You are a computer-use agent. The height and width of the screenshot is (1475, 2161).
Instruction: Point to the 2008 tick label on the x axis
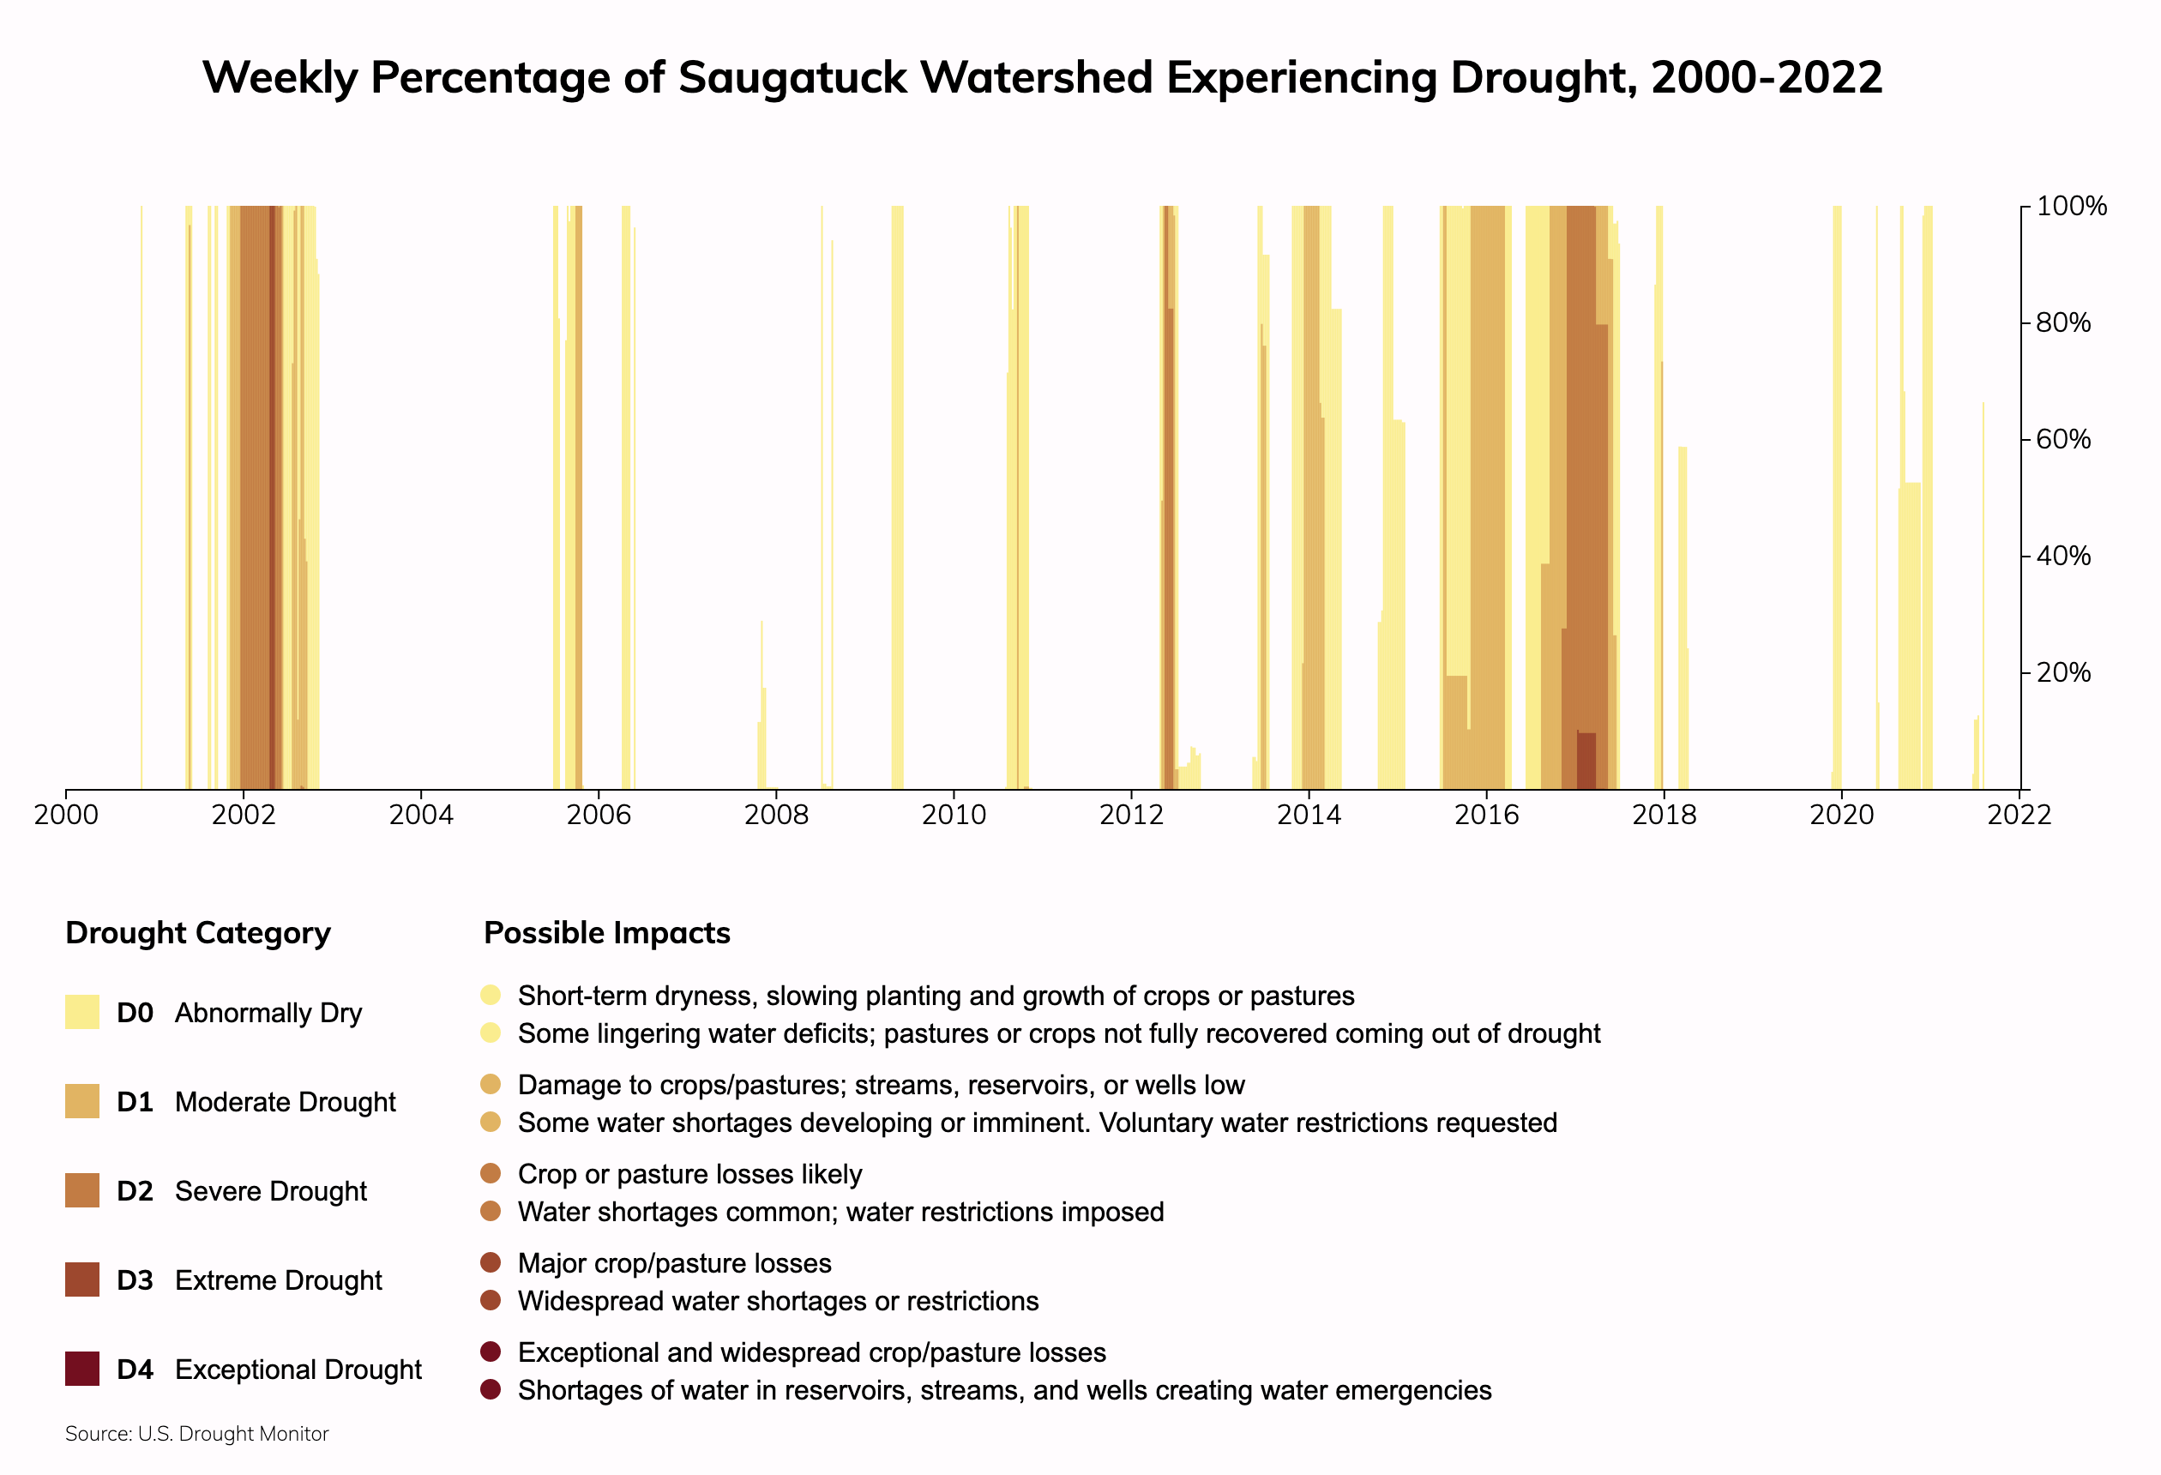click(775, 816)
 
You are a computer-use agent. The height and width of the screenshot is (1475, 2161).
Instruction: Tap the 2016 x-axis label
click(1486, 816)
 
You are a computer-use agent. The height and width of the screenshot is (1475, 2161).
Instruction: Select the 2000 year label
click(66, 816)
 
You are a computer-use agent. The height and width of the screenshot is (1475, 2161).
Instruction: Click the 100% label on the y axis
click(2071, 207)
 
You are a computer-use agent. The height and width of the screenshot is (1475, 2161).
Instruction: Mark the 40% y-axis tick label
click(2063, 557)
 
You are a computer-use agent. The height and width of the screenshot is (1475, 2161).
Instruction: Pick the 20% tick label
click(2063, 672)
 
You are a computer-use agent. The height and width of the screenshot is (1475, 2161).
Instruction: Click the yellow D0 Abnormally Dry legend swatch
click(81, 1012)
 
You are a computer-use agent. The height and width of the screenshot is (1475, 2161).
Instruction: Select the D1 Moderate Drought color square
click(81, 1101)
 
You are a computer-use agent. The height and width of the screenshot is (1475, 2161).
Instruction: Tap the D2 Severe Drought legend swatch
click(81, 1190)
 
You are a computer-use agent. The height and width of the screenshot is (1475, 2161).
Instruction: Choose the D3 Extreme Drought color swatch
click(81, 1279)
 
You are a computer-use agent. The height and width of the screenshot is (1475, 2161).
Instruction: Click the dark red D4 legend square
click(81, 1369)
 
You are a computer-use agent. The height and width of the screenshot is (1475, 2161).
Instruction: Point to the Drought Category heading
click(198, 933)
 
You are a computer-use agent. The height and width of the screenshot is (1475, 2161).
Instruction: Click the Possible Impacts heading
click(607, 933)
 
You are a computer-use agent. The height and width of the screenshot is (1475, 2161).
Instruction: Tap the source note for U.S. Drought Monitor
click(197, 1434)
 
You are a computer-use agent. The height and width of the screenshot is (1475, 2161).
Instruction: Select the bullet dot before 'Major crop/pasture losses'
click(491, 1263)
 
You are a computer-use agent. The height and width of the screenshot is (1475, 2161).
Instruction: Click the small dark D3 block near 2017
click(1586, 760)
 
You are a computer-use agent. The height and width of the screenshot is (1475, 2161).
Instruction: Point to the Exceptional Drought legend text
click(298, 1370)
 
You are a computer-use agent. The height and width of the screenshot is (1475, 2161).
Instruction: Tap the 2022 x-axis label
click(2019, 816)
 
